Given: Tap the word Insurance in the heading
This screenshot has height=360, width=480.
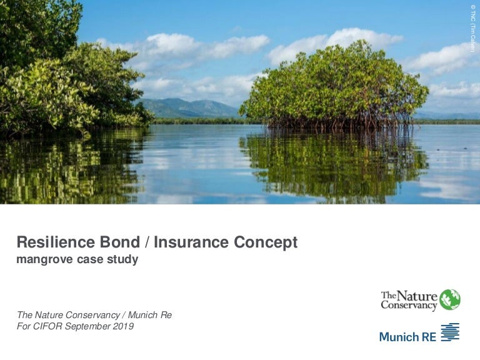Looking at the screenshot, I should [187, 242].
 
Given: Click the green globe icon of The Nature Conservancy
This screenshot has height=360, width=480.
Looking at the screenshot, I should [450, 299].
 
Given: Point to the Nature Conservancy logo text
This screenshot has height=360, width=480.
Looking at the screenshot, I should [409, 300].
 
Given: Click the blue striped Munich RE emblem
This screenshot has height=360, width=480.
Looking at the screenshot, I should [450, 333].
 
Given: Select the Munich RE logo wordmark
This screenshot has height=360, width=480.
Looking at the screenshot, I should [407, 336].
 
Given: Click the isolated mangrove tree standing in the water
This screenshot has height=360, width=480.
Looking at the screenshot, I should [334, 84].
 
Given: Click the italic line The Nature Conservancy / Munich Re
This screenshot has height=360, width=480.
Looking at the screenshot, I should [94, 315].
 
